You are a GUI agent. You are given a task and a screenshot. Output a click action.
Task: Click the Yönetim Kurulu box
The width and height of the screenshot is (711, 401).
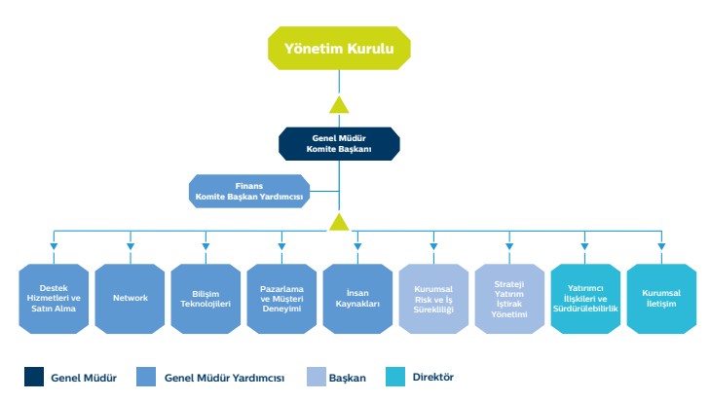(x=339, y=48)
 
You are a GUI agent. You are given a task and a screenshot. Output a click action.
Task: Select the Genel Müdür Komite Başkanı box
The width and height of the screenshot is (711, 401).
(x=339, y=144)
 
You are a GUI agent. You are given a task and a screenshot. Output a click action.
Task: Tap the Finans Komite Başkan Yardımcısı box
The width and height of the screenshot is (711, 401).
(x=249, y=191)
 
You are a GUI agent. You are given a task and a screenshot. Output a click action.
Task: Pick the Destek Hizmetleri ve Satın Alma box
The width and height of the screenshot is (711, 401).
(x=54, y=299)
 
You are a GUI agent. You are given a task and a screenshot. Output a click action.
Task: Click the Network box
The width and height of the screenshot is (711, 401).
(x=131, y=299)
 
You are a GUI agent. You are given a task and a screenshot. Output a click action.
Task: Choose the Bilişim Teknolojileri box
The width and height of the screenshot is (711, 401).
(x=206, y=299)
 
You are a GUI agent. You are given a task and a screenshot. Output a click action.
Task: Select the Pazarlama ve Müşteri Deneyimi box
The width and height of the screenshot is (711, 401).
(x=281, y=299)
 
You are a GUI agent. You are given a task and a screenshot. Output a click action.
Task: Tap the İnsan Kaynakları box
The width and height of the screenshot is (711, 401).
(x=357, y=299)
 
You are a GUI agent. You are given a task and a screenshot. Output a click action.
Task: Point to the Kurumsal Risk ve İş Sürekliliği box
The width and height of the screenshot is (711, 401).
(x=433, y=299)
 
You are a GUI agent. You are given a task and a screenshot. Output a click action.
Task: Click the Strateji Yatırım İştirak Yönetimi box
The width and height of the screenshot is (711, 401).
(x=509, y=299)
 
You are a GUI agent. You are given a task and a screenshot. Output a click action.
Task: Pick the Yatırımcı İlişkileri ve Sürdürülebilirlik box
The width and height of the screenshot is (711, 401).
(x=585, y=299)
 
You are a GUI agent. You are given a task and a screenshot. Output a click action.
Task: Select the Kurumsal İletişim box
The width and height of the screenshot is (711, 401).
(x=661, y=299)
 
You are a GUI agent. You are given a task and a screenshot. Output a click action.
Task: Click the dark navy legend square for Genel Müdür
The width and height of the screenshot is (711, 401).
(x=34, y=377)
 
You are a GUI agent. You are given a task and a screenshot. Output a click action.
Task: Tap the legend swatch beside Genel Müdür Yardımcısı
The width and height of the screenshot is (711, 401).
(x=146, y=377)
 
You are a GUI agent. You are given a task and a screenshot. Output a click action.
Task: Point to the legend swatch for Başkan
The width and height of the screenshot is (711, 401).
(x=317, y=377)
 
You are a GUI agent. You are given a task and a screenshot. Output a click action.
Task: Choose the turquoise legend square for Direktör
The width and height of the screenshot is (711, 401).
(x=395, y=377)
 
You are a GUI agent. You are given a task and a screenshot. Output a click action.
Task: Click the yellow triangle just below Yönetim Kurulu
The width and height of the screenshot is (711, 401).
(x=339, y=105)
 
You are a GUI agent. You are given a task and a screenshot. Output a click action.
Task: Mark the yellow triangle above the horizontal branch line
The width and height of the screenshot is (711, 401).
(x=339, y=223)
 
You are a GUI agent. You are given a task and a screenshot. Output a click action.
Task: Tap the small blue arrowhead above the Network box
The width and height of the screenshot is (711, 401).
(x=131, y=246)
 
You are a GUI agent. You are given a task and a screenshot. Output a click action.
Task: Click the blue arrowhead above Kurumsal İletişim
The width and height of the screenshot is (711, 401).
(x=661, y=246)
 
